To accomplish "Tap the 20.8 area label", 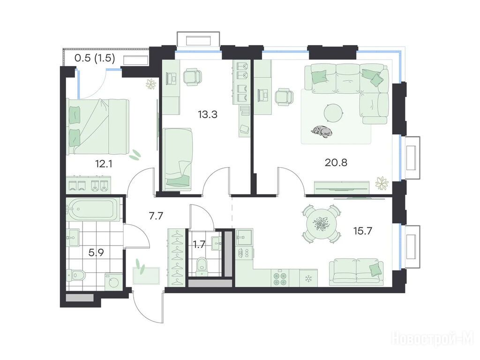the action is (336, 162).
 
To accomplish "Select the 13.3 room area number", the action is (208, 114).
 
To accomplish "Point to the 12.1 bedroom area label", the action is (104, 164).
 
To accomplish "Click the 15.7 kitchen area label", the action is (363, 231).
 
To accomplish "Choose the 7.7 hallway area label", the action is (156, 216).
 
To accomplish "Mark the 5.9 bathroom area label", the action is (96, 253).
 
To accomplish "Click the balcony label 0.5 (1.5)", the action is (95, 58).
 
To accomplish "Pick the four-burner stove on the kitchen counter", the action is (280, 278).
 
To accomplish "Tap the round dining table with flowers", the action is (322, 224).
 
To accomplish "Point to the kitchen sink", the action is (244, 237).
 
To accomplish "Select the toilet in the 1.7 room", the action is (202, 265).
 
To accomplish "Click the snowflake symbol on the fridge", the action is (308, 278).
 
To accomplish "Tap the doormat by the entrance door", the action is (146, 276).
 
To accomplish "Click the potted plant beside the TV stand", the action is (382, 183).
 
